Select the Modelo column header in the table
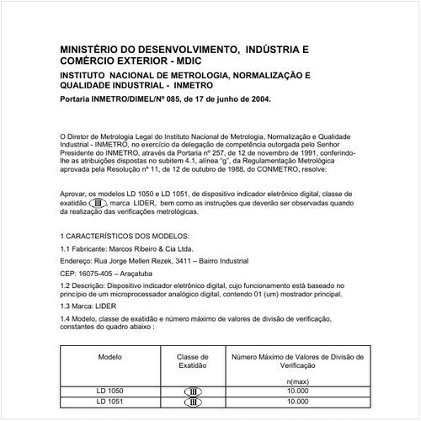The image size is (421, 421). [x=110, y=357]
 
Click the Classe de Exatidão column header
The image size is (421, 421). [x=192, y=362]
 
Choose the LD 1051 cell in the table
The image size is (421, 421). [x=109, y=402]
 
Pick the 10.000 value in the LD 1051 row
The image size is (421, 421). [x=297, y=402]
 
